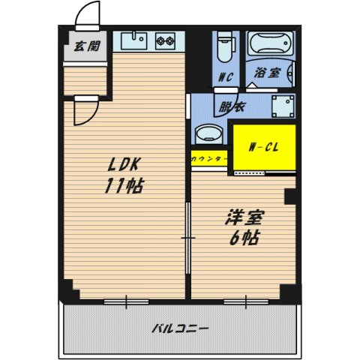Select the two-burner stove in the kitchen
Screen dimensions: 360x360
pyautogui.click(x=166, y=41)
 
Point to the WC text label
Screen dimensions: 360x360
pyautogui.click(x=223, y=76)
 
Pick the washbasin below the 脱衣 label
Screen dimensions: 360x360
pyautogui.click(x=207, y=136)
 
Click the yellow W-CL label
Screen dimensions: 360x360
pyautogui.click(x=264, y=147)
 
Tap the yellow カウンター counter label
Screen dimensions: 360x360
pyautogui.click(x=208, y=160)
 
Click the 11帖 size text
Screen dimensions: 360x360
pyautogui.click(x=124, y=186)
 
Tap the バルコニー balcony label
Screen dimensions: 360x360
pyautogui.click(x=180, y=328)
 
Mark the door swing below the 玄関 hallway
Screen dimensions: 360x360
pyautogui.click(x=82, y=113)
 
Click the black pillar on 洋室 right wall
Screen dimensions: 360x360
pyautogui.click(x=290, y=196)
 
